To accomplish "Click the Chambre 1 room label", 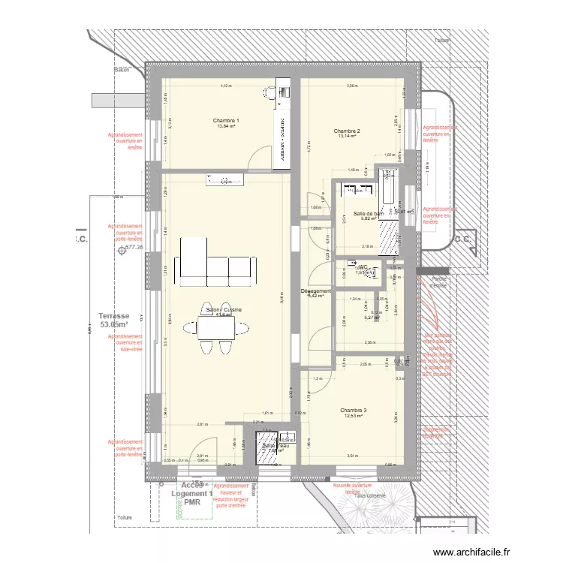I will (225, 121).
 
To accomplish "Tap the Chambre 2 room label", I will (346, 131).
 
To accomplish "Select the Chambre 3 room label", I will (353, 411).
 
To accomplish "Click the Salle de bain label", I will (369, 214).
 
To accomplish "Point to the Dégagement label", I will (315, 291).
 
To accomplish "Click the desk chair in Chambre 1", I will (270, 92).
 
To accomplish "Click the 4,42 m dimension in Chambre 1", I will (225, 86).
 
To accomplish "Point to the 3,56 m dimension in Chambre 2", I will (351, 86).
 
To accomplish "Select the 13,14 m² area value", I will (346, 137).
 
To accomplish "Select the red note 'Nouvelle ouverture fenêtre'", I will (353, 488).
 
